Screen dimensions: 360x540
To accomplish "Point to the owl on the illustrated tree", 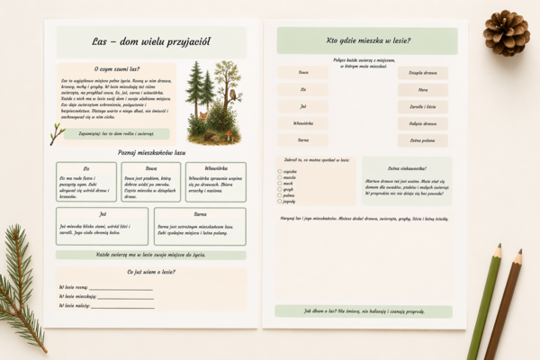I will [x=232, y=94].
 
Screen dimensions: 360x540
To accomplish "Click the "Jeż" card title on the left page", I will [x=89, y=214].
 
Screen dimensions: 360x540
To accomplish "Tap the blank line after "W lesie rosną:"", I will [x=121, y=287].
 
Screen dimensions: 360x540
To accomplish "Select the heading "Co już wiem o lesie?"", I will [x=150, y=271].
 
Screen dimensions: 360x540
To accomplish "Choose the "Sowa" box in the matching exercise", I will [x=302, y=73].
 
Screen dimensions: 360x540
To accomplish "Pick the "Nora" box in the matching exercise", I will [x=422, y=90].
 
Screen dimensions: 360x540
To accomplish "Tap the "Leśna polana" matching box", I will [x=422, y=139].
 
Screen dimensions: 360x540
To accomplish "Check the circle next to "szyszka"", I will [x=280, y=171].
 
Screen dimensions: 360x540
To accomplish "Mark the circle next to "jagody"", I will [x=280, y=202].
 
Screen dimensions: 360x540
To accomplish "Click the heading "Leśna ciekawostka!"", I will [x=407, y=167].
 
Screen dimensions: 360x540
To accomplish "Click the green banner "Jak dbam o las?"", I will [x=364, y=310].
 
